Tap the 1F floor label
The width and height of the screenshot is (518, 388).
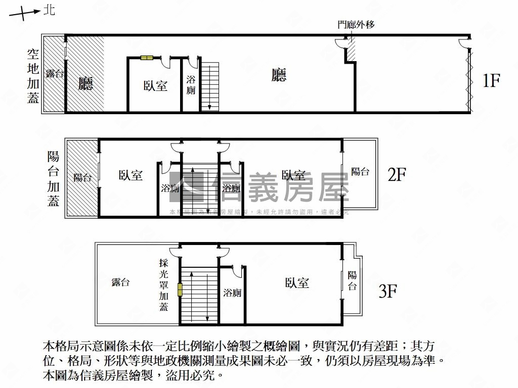tap(491, 81)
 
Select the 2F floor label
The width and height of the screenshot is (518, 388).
tap(397, 175)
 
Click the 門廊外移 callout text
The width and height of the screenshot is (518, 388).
tap(356, 24)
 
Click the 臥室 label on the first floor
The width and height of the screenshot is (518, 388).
tap(155, 86)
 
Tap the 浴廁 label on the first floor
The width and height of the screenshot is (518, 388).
tap(191, 85)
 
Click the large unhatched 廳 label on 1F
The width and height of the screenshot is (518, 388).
tap(279, 75)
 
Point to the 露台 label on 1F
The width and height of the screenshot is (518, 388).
tap(54, 74)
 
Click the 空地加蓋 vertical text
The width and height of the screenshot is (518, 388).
tap(33, 76)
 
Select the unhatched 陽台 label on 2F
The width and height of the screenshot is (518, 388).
tap(360, 171)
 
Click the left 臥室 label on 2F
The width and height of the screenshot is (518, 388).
tap(131, 175)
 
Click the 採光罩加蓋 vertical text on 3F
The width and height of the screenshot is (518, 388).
tap(163, 284)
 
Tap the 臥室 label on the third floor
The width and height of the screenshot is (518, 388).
tap(296, 283)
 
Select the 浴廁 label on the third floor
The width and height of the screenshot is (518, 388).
tap(232, 293)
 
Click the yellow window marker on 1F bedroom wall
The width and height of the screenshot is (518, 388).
tap(147, 58)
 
